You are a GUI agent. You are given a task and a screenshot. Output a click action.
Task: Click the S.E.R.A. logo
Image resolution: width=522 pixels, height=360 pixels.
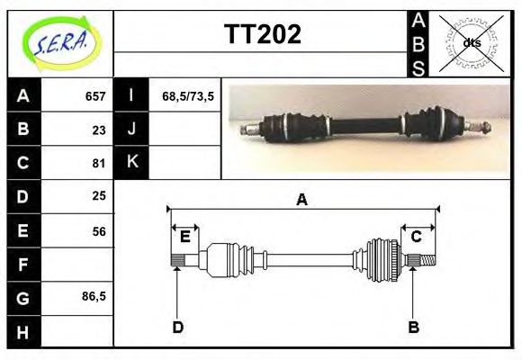60,43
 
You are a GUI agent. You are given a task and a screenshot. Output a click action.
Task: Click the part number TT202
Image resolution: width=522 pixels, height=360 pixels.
262,34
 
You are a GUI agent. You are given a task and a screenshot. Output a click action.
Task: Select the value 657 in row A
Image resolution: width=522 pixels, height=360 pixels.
95,96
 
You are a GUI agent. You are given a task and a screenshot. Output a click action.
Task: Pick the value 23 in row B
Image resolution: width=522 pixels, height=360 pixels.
99,130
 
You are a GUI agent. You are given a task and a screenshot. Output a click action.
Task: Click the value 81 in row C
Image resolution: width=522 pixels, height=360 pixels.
99,163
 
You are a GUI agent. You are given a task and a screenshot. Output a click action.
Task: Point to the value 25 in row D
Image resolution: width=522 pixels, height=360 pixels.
99,196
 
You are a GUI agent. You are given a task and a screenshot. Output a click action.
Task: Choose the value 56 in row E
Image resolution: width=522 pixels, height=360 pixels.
99,230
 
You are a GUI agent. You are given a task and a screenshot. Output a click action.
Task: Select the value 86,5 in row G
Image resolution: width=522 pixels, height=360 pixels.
94,297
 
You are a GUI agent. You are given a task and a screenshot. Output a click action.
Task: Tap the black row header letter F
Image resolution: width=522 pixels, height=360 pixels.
23,264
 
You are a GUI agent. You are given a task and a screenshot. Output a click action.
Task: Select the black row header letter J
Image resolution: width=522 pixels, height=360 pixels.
131,130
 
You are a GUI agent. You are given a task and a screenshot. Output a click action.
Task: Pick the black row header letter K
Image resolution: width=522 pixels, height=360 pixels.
131,163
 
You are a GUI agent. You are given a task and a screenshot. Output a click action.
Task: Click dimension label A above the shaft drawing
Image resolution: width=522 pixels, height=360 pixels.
302,200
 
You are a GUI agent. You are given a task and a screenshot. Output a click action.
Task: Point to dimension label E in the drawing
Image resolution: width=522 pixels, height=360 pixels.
184,238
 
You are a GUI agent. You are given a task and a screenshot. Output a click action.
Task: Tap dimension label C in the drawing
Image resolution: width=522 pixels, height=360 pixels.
418,238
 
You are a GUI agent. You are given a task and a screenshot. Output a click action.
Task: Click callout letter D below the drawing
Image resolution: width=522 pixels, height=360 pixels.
178,328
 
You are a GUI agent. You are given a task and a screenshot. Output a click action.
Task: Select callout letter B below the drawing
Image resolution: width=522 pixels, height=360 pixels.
414,328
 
